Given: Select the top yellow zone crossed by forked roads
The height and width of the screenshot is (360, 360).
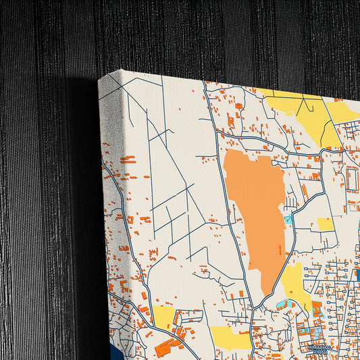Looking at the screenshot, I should [304, 111].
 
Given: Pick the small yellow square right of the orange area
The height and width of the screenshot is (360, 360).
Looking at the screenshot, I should [326, 224].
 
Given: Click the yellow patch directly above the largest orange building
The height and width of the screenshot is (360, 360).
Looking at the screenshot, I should [163, 317].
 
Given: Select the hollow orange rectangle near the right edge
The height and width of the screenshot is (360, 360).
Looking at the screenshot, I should [353, 180].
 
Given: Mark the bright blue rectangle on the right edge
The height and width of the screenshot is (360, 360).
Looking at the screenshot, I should [357, 274].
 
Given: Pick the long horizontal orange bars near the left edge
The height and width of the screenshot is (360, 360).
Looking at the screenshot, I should [128, 159].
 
